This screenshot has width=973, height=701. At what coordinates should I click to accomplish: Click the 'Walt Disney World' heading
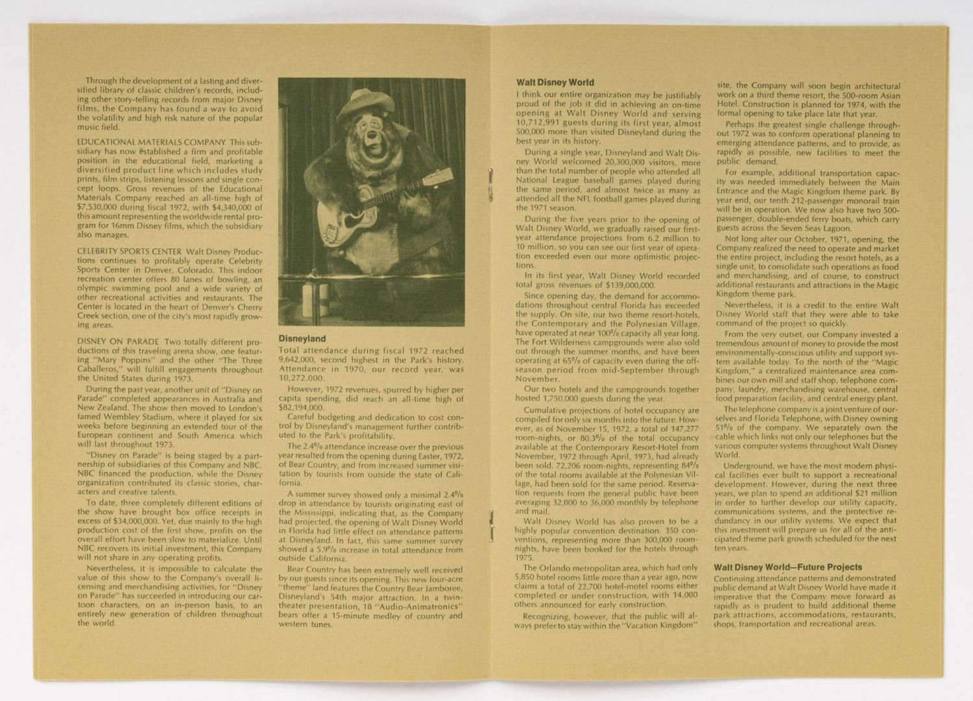tap(555, 83)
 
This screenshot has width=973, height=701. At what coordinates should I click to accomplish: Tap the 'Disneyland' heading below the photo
tap(302, 339)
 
